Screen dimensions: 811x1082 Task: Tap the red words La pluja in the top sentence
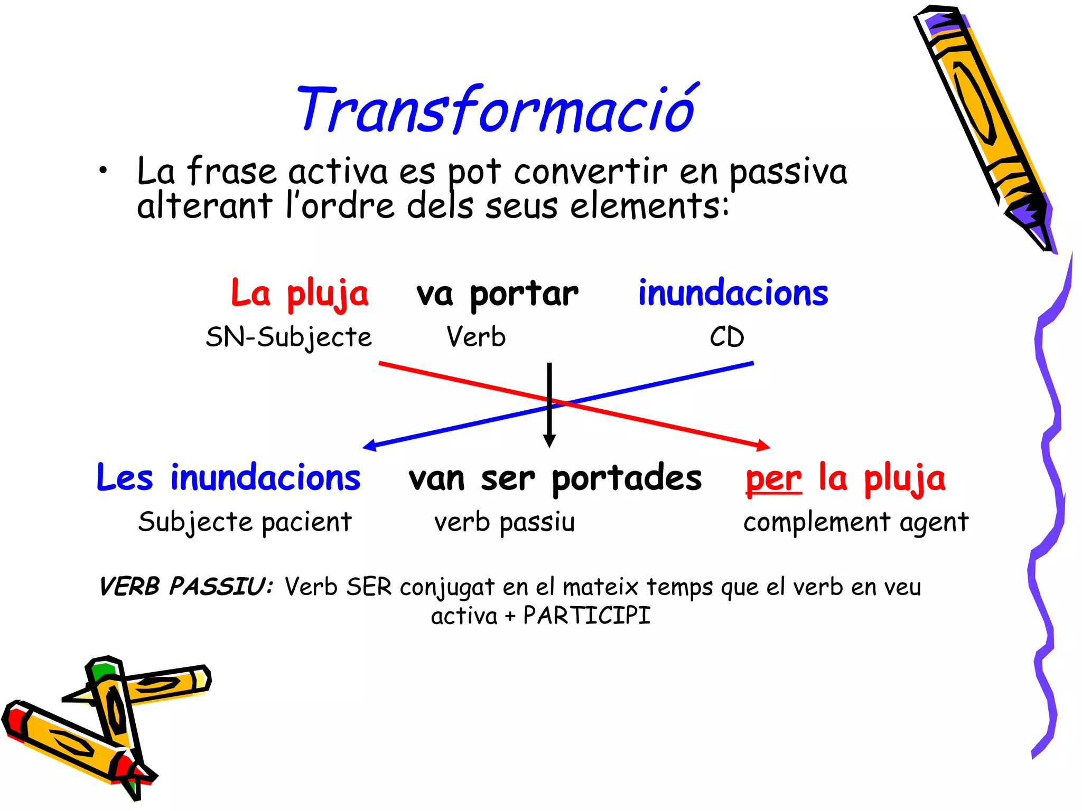click(x=300, y=294)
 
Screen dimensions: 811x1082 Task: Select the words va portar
click(x=497, y=294)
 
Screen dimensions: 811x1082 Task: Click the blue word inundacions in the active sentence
click(x=733, y=294)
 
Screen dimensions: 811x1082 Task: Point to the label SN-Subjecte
click(x=288, y=337)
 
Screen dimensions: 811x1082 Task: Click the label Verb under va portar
click(x=476, y=337)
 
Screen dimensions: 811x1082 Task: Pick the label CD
click(x=727, y=337)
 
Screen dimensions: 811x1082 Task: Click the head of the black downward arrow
click(x=549, y=441)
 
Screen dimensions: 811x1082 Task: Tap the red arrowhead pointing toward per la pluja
click(x=763, y=446)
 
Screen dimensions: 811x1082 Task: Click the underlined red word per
click(x=773, y=479)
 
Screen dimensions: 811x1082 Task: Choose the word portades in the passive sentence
click(x=627, y=479)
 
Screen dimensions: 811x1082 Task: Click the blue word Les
click(x=125, y=479)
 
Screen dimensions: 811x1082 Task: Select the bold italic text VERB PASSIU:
click(x=186, y=587)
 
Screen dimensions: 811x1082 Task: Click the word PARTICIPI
click(x=586, y=616)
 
